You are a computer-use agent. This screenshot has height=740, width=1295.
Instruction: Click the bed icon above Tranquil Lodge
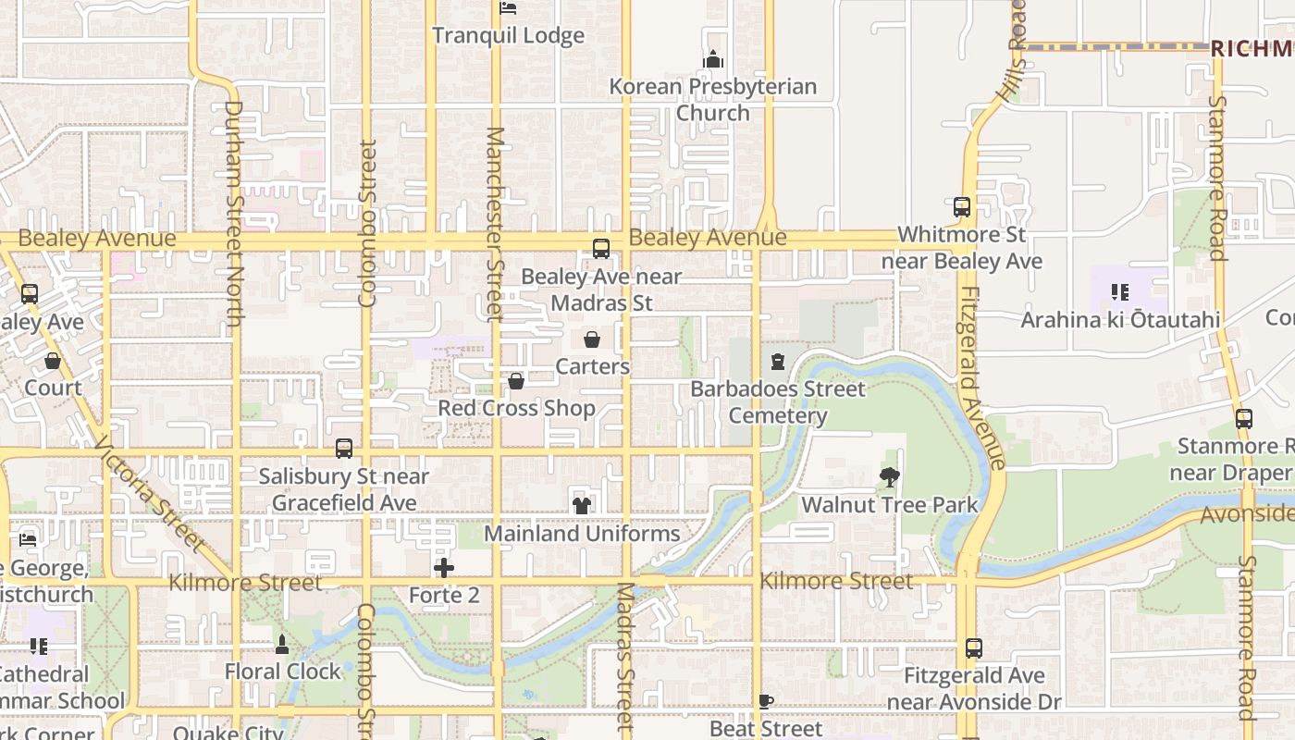coord(508,8)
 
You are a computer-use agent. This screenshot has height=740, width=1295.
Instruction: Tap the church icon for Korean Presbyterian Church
coord(712,60)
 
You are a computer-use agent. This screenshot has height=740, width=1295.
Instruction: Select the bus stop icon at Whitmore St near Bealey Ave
coord(962,207)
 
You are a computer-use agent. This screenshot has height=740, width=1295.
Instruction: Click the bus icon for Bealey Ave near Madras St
coord(601,249)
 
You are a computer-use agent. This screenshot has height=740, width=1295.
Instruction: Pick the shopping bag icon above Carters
coord(592,339)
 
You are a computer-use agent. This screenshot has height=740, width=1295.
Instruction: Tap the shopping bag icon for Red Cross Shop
coord(516,381)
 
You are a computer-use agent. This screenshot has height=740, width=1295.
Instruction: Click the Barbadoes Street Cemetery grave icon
coord(778,362)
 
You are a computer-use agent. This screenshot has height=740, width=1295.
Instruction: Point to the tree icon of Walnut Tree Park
coord(889,477)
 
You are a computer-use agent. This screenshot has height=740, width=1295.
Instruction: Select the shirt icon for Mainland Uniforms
coord(582,505)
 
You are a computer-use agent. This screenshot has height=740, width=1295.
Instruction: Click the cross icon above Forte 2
coord(444,567)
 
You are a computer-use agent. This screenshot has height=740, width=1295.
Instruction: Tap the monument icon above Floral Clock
coord(282,644)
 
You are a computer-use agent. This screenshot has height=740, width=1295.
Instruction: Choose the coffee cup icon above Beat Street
coord(765,702)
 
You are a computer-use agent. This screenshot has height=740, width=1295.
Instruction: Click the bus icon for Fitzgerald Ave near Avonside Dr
coord(974,648)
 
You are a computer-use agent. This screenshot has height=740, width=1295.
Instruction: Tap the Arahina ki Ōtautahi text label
coord(1120,320)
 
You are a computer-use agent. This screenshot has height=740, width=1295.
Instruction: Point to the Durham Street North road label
coord(233,213)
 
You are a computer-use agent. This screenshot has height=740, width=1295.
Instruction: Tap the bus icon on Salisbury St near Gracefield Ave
coord(344,449)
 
